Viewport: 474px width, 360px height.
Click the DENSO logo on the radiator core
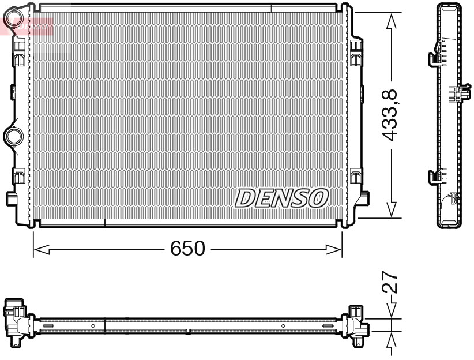(281, 198)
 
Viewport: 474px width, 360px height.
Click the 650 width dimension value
(187, 249)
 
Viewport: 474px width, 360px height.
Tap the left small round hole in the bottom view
(92, 327)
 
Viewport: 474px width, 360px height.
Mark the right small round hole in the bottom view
(283, 327)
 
